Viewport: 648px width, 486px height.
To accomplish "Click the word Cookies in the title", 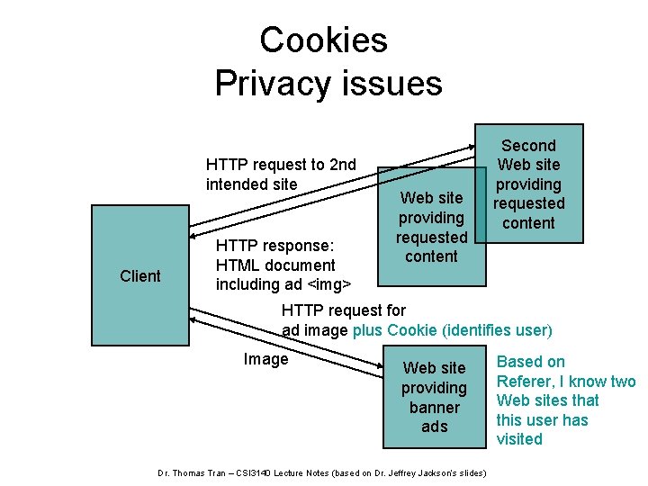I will click(x=323, y=40).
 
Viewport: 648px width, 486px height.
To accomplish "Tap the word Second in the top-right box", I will click(x=528, y=146).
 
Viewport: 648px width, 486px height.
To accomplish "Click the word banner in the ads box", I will click(x=434, y=407).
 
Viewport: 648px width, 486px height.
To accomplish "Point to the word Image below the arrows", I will click(x=265, y=359).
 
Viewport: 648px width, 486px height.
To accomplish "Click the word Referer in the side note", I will click(x=526, y=381).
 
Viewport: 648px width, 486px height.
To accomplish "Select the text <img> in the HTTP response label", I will click(x=327, y=284).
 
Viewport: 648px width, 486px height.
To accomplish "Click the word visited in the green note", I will click(x=520, y=439).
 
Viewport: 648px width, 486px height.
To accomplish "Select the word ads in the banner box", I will click(x=434, y=427).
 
